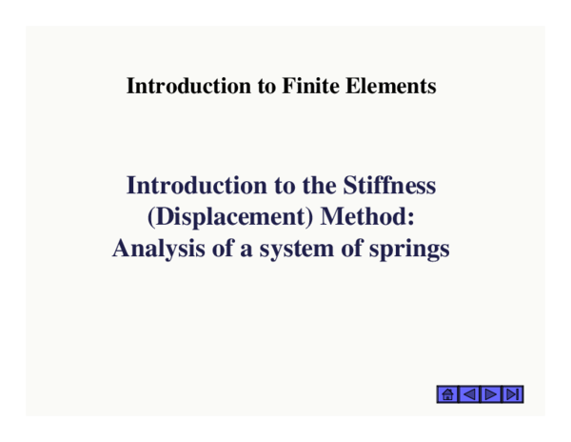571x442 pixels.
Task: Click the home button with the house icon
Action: coord(447,393)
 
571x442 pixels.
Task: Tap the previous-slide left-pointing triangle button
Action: coord(469,393)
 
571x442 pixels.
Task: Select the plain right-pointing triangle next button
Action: coord(491,393)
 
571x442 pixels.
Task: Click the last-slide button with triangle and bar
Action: coord(513,393)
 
